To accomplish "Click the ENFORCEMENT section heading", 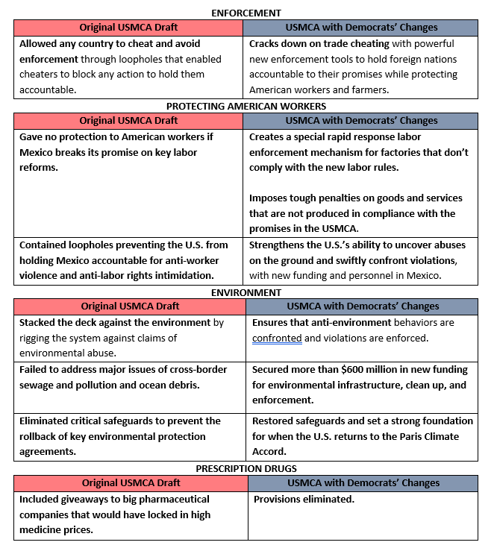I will click(x=246, y=13).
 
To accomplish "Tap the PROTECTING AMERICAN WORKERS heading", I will click(x=246, y=106).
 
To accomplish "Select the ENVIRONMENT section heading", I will click(x=246, y=292).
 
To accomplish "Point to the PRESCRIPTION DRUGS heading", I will click(x=246, y=468).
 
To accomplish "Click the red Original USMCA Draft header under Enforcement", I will click(x=128, y=28).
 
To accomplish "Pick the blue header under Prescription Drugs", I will click(x=362, y=482).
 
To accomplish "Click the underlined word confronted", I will click(x=277, y=338).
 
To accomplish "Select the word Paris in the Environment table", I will click(x=398, y=436).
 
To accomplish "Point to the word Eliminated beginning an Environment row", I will click(x=46, y=421).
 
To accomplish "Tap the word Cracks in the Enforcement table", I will click(x=265, y=44).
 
